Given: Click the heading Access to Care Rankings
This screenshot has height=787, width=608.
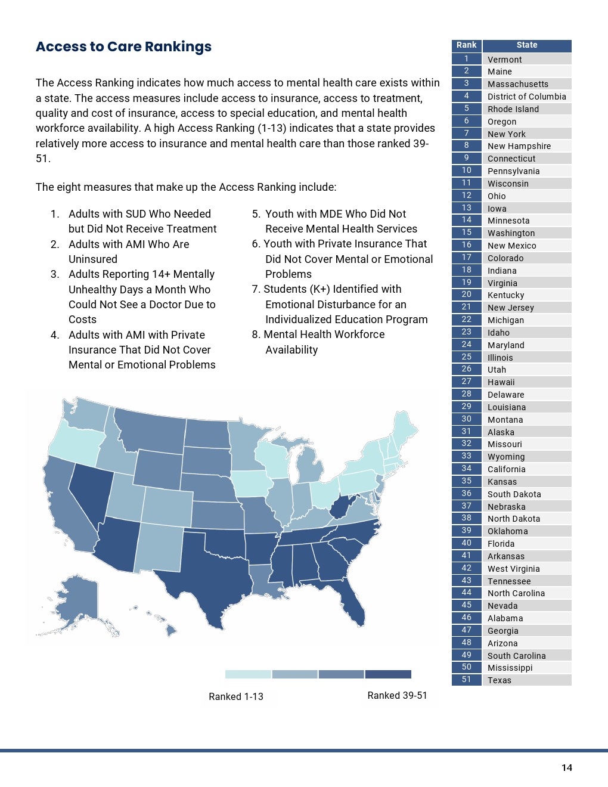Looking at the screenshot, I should (123, 47).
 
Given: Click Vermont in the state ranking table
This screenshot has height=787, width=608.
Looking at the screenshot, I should (504, 60).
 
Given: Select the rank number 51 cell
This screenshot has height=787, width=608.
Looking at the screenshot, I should (466, 680).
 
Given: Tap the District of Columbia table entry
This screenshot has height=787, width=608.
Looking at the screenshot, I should (526, 97).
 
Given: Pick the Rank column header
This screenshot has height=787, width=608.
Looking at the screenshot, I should (466, 45).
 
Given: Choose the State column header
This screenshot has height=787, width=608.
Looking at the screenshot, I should (526, 45).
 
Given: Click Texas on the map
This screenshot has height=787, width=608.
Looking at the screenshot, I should (209, 572).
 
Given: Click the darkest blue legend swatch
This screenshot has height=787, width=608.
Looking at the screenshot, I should (388, 674).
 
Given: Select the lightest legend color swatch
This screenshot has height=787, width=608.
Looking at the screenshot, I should (248, 674).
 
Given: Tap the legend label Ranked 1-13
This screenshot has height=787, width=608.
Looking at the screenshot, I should (236, 696).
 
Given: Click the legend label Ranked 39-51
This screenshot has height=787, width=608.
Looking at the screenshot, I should (397, 696).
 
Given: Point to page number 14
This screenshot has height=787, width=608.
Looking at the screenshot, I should (567, 768).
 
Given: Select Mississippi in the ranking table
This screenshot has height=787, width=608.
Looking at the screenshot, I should (510, 668).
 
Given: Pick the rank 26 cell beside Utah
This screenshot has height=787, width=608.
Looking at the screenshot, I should (466, 369).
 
